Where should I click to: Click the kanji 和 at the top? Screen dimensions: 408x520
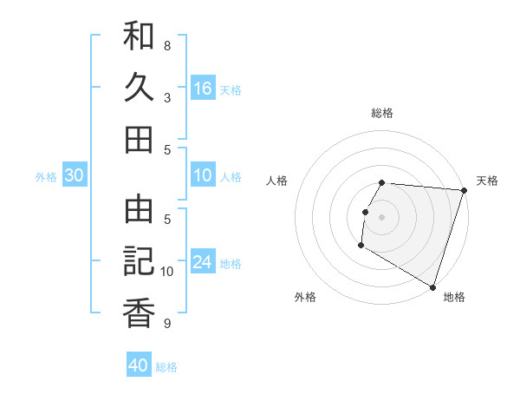click(x=139, y=36)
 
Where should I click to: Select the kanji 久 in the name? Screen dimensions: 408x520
click(x=139, y=87)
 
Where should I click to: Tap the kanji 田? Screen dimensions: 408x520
click(x=139, y=138)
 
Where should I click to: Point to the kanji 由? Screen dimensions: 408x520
click(x=139, y=209)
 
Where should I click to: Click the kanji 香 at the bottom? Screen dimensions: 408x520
click(x=139, y=312)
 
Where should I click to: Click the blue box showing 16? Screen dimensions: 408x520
click(x=203, y=88)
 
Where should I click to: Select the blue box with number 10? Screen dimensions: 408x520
click(x=203, y=176)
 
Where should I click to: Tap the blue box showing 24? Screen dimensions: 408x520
click(x=203, y=263)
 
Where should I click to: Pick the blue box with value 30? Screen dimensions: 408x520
click(x=75, y=176)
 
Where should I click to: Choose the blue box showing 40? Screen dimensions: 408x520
click(x=139, y=365)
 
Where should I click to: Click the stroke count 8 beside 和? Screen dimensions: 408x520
click(x=167, y=46)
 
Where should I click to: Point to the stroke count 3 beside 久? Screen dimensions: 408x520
click(x=167, y=97)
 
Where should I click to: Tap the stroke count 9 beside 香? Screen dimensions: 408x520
click(x=167, y=324)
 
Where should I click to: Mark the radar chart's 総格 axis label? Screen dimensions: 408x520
click(x=381, y=113)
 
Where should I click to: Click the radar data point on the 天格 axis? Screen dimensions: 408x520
click(x=464, y=190)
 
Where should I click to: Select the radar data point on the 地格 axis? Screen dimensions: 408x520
click(x=432, y=286)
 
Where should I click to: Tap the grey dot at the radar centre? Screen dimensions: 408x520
click(x=381, y=216)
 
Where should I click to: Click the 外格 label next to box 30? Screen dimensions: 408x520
click(x=46, y=177)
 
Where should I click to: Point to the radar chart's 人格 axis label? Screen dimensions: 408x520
click(x=278, y=181)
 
